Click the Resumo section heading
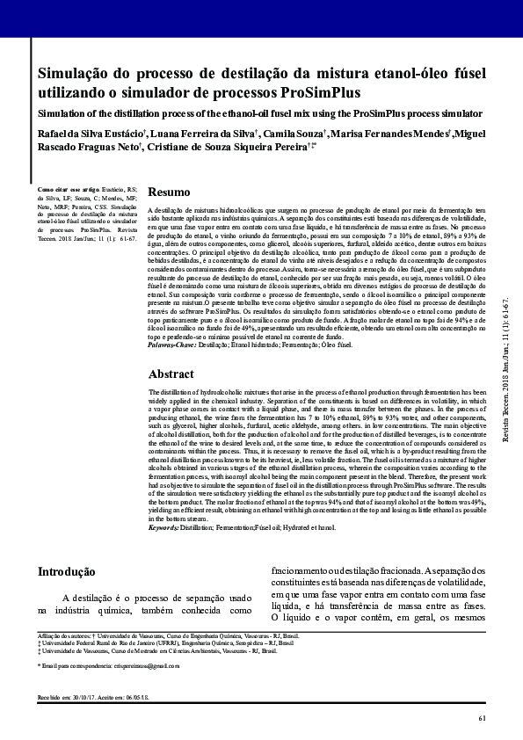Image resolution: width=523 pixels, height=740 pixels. coord(169,192)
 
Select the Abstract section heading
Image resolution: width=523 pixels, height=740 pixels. coord(171,374)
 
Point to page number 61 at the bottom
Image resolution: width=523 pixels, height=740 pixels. coord(482,720)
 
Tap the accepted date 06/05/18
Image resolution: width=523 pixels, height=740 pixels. coord(139,698)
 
